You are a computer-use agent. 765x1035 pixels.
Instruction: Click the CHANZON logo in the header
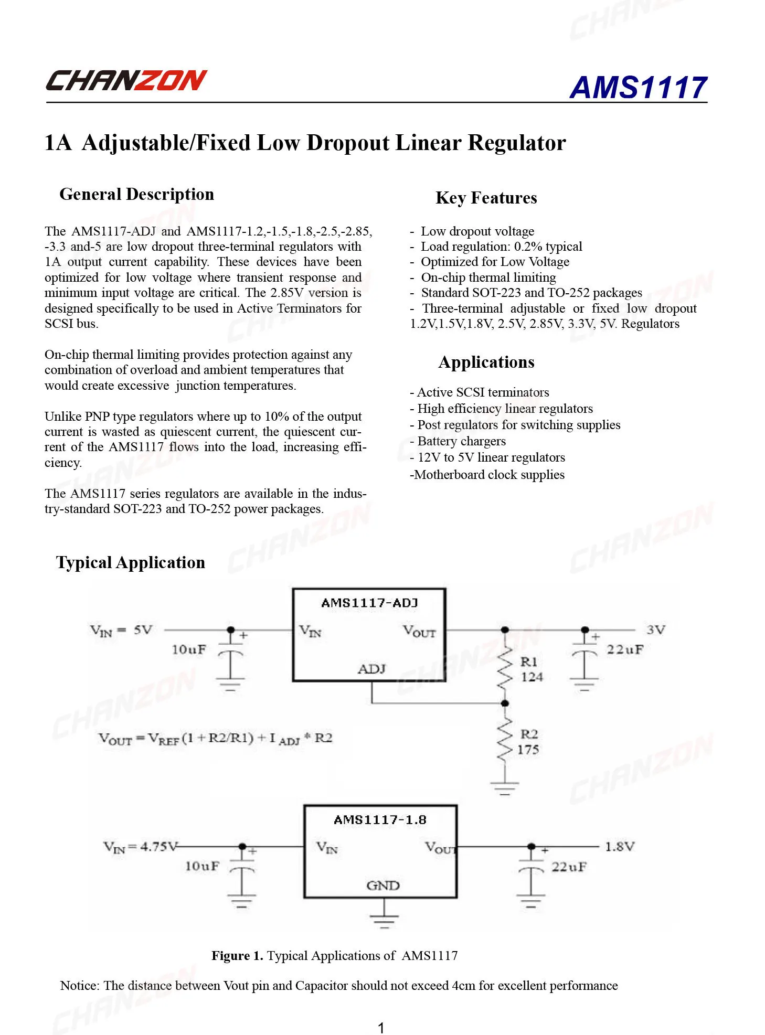click(126, 81)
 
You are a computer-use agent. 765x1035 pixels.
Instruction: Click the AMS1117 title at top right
click(638, 87)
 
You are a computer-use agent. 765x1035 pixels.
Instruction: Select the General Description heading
click(136, 194)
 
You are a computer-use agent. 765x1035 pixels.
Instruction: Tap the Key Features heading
click(486, 198)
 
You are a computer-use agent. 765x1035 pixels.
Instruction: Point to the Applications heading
click(486, 362)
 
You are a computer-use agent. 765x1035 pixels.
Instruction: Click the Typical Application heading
click(131, 562)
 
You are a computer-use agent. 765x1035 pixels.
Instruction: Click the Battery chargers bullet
click(458, 441)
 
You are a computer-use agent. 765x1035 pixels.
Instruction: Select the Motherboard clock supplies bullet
click(487, 475)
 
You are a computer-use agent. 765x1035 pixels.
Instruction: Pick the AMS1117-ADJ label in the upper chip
click(369, 603)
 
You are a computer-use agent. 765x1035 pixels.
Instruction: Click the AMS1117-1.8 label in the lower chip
click(380, 819)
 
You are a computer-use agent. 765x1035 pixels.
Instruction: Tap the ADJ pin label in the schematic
click(371, 669)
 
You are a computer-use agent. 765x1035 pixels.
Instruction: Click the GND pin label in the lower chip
click(383, 885)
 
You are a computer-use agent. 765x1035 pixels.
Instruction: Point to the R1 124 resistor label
click(531, 669)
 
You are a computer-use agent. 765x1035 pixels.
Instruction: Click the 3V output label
click(656, 629)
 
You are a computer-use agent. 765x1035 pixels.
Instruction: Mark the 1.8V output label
click(620, 847)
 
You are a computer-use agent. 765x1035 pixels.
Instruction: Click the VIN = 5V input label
click(121, 630)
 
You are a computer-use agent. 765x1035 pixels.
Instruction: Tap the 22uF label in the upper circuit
click(624, 649)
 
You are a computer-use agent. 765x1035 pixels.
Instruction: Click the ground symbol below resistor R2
click(504, 788)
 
